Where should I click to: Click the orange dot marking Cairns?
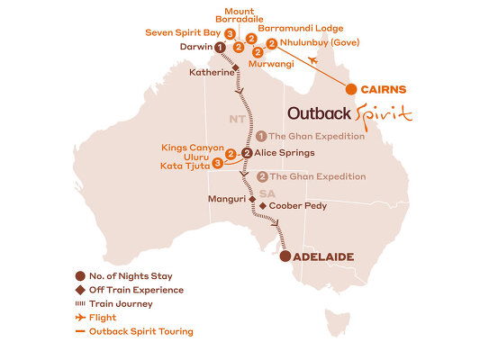(350, 89)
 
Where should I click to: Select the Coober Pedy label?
(297, 206)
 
